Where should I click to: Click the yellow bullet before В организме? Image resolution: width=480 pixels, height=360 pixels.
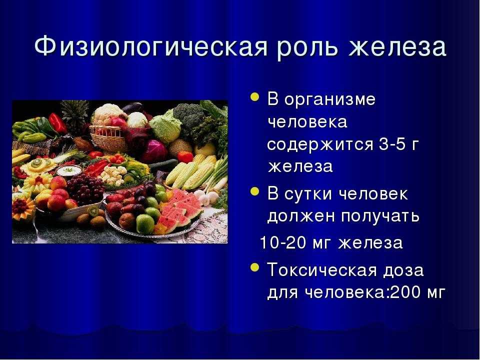[254, 97]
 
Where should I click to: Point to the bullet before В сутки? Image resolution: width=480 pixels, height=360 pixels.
[254, 191]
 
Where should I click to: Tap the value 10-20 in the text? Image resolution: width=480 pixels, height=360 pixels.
[283, 243]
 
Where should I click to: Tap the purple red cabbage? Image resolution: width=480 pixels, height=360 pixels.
[154, 150]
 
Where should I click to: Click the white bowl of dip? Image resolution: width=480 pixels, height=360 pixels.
[69, 170]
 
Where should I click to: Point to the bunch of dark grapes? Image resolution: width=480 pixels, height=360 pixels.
[85, 190]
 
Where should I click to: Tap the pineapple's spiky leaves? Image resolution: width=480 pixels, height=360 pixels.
[74, 114]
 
